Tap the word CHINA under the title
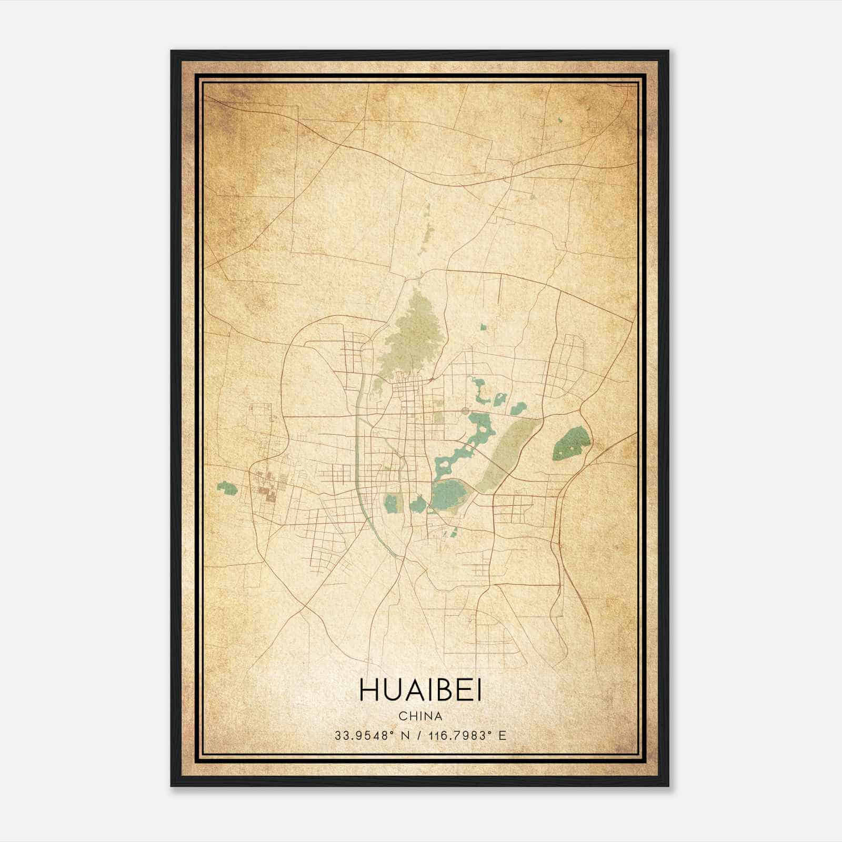420,716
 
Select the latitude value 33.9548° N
372,736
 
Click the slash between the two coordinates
418,736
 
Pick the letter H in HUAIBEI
368,690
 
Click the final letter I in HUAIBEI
478,690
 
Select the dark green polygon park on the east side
570,442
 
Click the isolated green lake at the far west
227,488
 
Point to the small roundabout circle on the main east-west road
465,410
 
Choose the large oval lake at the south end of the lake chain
447,495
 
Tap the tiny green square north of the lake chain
484,327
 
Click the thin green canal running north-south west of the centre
358,447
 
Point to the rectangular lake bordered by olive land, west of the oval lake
392,503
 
